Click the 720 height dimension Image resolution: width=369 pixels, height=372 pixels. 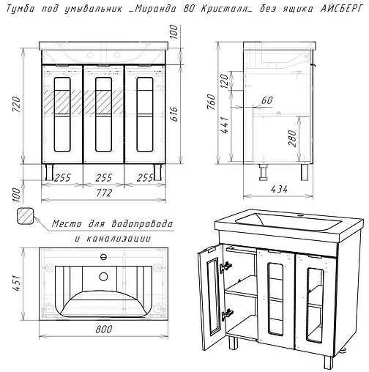pyautogui.click(x=17, y=104)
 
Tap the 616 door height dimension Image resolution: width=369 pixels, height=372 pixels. pyautogui.click(x=174, y=114)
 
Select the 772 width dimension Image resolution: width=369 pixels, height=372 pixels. pyautogui.click(x=104, y=193)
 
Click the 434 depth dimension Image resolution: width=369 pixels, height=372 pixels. pyautogui.click(x=279, y=189)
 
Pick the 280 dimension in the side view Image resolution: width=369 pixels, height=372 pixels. pyautogui.click(x=292, y=138)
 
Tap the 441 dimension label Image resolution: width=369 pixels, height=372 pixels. pyautogui.click(x=225, y=124)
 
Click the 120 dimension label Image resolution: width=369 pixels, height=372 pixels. pyautogui.click(x=225, y=81)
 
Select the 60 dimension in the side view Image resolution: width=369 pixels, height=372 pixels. pyautogui.click(x=267, y=100)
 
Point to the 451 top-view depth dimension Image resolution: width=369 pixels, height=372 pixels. pyautogui.click(x=17, y=283)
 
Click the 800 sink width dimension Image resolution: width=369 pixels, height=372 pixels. pyautogui.click(x=104, y=329)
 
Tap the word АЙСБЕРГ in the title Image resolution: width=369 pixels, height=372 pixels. pyautogui.click(x=342, y=9)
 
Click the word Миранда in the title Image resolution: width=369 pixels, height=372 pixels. pyautogui.click(x=155, y=9)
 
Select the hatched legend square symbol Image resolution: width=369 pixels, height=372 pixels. pyautogui.click(x=26, y=216)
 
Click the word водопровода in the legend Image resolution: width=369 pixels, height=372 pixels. pyautogui.click(x=142, y=224)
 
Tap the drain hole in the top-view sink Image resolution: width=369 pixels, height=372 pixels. pyautogui.click(x=104, y=276)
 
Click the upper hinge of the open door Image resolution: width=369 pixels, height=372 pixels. pyautogui.click(x=226, y=267)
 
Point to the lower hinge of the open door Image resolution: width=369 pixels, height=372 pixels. pyautogui.click(x=227, y=314)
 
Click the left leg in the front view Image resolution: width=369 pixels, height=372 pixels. pyautogui.click(x=49, y=172)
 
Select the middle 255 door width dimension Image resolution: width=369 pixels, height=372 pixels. pyautogui.click(x=104, y=178)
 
